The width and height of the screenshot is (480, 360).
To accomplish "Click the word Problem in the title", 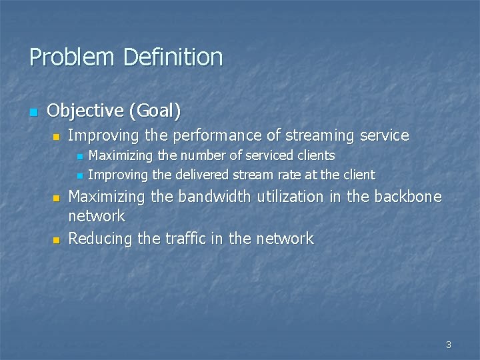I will tap(72, 57).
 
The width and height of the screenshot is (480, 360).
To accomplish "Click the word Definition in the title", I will tap(173, 57).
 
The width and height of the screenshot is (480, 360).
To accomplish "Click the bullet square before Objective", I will tap(34, 111).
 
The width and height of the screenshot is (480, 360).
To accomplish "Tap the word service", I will tap(383, 135).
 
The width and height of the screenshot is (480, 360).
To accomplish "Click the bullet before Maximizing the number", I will tap(79, 157).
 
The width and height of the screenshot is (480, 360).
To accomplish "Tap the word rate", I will tap(293, 175).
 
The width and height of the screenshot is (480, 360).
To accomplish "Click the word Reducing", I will tap(101, 239).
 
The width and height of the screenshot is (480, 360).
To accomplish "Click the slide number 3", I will tap(449, 345).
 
